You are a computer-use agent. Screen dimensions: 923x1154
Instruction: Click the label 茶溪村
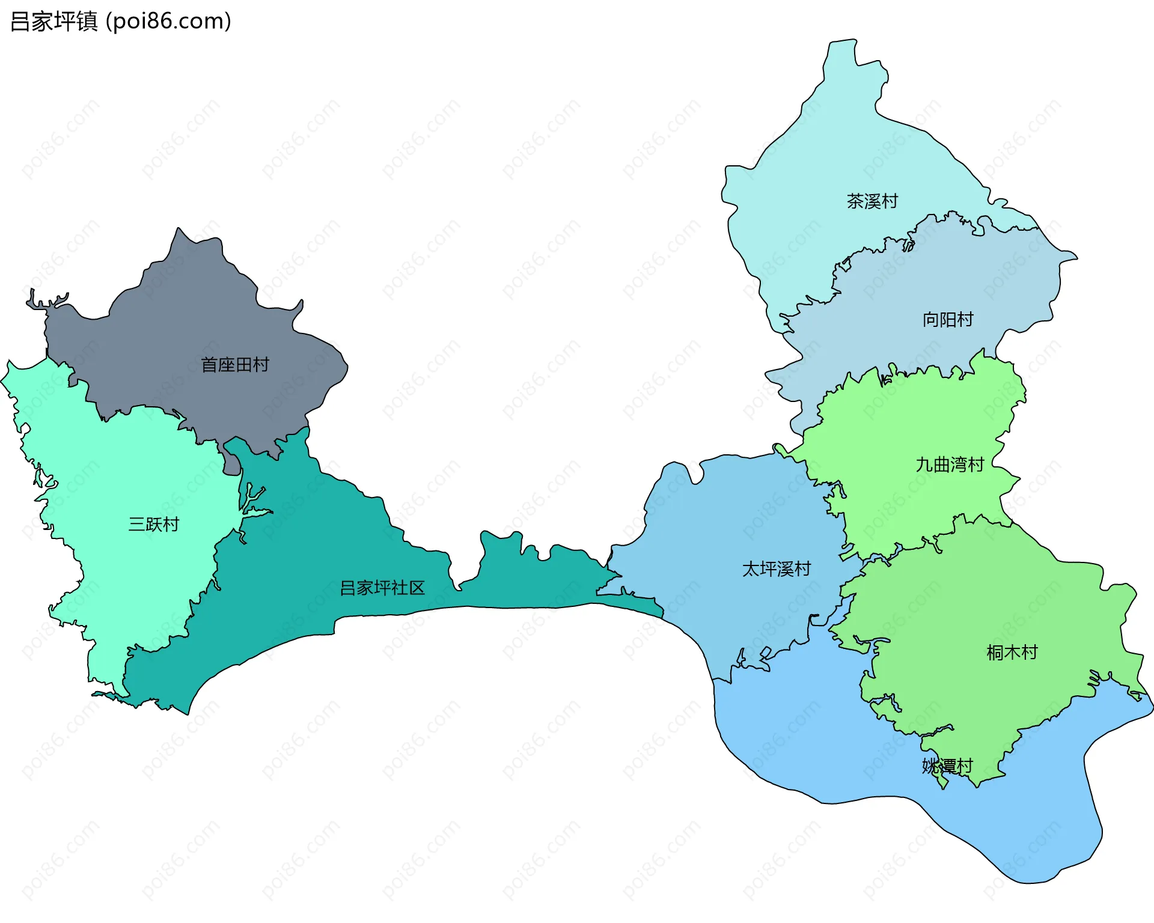pos(872,201)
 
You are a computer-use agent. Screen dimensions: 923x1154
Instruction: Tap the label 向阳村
pos(948,320)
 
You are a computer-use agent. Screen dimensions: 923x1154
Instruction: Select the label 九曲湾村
pos(950,465)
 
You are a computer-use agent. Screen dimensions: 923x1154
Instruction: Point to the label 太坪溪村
pos(777,569)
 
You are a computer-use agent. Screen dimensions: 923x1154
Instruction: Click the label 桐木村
pos(1012,653)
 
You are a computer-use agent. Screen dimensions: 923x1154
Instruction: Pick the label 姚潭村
pos(947,766)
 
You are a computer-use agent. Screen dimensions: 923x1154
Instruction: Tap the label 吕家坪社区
pos(382,588)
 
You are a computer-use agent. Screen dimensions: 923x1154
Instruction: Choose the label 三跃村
pos(154,525)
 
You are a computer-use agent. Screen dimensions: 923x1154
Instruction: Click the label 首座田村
pos(235,365)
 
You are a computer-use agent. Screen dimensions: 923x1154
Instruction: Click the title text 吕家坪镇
pos(54,22)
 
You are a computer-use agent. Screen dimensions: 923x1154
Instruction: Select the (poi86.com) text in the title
pos(168,22)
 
